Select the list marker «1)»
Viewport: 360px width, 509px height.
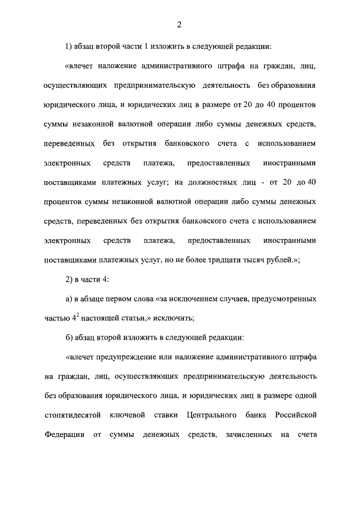coord(70,47)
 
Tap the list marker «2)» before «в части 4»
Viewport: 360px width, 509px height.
coord(70,280)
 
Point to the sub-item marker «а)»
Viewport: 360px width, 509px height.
coord(70,299)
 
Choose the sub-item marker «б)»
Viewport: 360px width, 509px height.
coord(70,337)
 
